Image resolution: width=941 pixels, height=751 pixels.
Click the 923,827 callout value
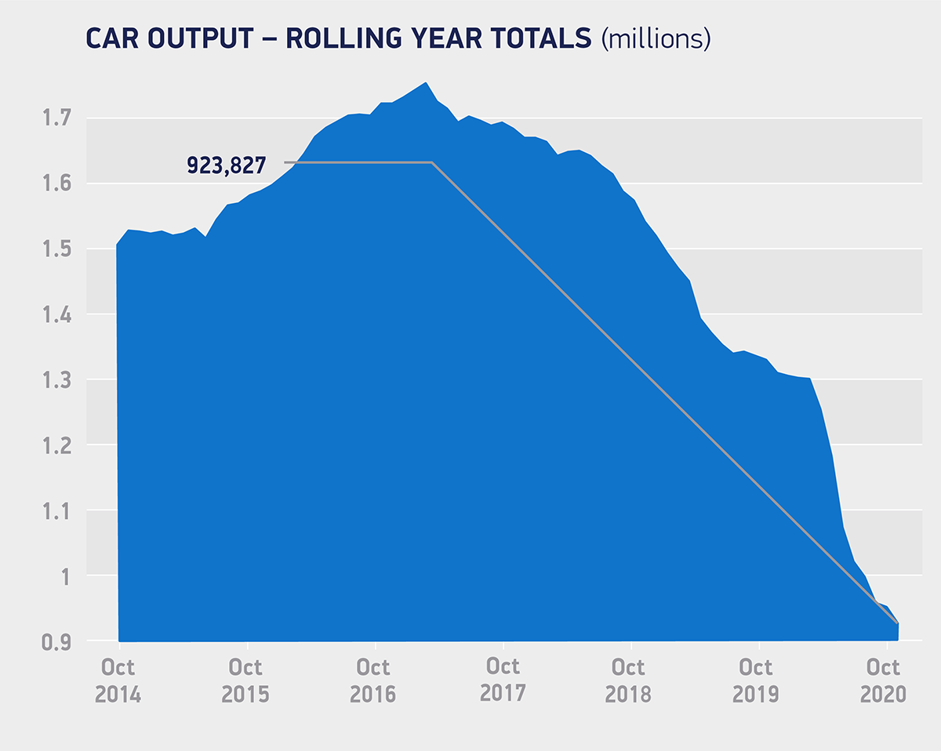[x=226, y=165]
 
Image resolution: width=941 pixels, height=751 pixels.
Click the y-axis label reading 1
[x=65, y=576]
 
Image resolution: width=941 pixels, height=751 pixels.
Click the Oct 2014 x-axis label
[x=118, y=680]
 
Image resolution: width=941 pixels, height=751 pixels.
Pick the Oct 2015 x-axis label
[x=245, y=680]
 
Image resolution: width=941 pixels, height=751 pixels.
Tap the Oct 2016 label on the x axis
[x=373, y=680]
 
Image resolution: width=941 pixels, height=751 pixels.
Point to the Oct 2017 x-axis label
[x=503, y=679]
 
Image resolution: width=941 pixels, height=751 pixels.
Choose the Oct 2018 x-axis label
[x=629, y=680]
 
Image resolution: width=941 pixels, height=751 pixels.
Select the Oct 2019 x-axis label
[x=757, y=680]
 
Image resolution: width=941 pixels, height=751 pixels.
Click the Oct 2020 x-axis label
[x=884, y=680]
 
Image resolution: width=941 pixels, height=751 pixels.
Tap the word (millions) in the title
[x=656, y=38]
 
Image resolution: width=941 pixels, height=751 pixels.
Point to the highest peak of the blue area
[x=425, y=82]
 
